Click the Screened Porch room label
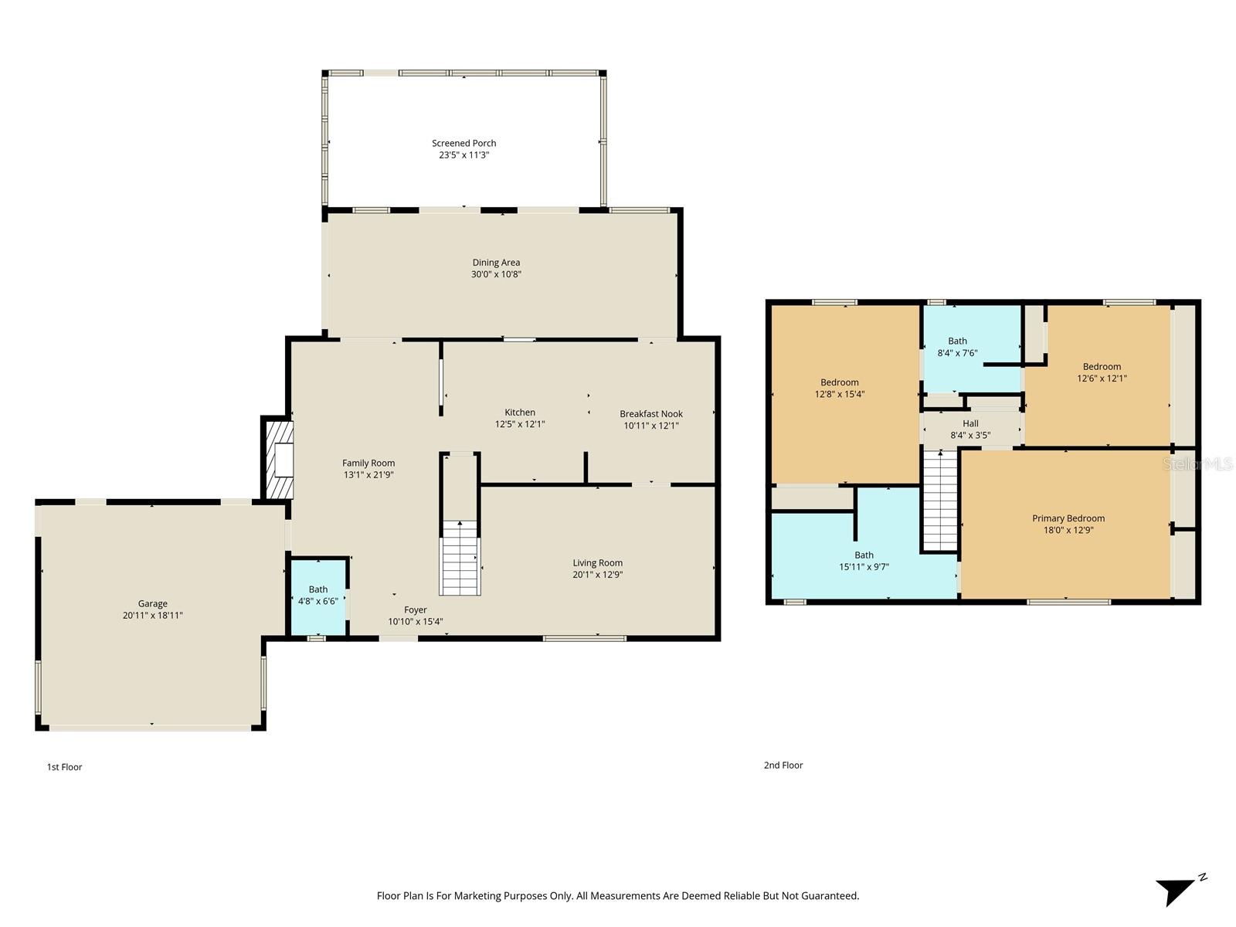(463, 143)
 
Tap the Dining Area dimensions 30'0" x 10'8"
(496, 274)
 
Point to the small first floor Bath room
(317, 596)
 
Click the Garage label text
(153, 603)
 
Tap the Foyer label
(415, 610)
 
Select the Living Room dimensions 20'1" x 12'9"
(597, 575)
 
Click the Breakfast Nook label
(650, 413)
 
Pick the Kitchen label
(520, 412)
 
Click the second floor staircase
(940, 501)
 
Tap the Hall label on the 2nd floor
(970, 423)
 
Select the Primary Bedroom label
(1068, 518)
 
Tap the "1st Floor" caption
(64, 767)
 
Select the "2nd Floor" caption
(783, 765)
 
